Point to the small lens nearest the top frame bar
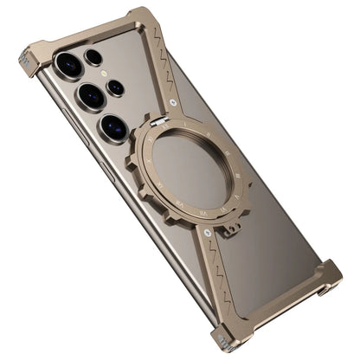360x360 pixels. (93, 57)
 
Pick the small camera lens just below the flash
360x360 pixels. (116, 87)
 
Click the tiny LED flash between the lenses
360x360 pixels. (108, 73)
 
